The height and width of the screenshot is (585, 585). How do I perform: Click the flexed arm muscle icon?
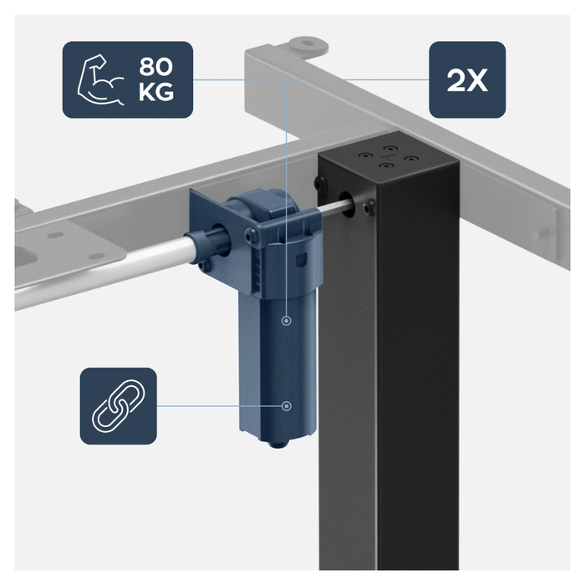pos(100,79)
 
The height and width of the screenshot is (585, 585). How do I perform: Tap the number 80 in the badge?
pos(156,67)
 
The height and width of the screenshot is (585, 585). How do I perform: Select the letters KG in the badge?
pos(156,92)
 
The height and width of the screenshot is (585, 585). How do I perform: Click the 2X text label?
pos(467,80)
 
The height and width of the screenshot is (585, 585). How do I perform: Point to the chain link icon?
pos(119,406)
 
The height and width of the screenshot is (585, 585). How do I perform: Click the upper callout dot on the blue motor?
pos(286,320)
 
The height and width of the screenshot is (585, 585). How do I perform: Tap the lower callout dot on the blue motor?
pos(286,406)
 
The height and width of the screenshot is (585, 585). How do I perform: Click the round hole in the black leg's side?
pos(347,205)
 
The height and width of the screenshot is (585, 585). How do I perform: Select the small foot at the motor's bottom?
pos(277,444)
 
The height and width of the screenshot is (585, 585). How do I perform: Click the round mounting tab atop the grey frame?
pos(307,45)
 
